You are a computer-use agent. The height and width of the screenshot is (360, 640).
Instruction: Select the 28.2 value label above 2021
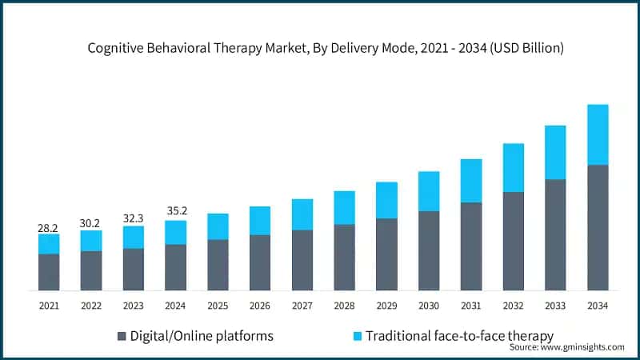click(49, 228)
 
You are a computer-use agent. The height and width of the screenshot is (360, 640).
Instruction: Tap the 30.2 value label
click(91, 224)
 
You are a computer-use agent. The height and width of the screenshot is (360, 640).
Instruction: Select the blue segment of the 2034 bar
click(598, 134)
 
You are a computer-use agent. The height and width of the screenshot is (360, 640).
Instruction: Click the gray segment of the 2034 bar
click(598, 227)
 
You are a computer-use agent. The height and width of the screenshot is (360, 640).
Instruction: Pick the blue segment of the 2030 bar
click(429, 191)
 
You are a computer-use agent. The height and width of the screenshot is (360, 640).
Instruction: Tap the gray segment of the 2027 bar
click(302, 260)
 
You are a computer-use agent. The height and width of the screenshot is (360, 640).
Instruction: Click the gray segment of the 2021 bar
click(49, 272)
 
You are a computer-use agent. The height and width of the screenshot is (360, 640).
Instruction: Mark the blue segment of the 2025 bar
click(218, 226)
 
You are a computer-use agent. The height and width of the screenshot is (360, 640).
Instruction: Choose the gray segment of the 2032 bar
click(513, 241)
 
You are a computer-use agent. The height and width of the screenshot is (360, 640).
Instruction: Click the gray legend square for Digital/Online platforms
click(122, 336)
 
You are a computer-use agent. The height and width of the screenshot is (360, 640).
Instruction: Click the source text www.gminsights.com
click(566, 347)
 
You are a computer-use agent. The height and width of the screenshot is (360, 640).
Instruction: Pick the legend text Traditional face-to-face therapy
click(459, 335)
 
